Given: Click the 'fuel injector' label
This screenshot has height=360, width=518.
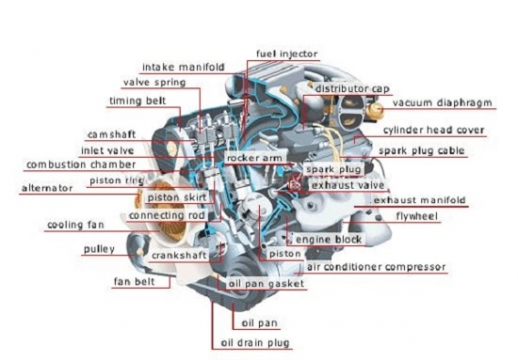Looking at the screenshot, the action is [x=286, y=54].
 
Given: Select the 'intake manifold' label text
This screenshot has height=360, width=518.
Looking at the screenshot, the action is [x=183, y=67].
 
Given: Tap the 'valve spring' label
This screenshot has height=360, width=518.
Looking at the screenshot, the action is [x=154, y=82].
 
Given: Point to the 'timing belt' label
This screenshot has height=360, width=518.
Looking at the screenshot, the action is [x=138, y=101].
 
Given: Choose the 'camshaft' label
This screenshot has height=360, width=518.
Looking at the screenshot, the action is [x=111, y=134].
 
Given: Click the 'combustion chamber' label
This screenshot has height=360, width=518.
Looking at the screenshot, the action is [x=81, y=164].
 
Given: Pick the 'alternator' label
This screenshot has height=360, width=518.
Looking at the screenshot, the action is [x=47, y=189].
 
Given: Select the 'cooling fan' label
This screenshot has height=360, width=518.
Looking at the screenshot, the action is [x=76, y=225].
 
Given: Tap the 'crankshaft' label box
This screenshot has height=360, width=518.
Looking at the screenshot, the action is [x=179, y=255].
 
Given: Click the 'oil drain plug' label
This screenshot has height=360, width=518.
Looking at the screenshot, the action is [x=255, y=343].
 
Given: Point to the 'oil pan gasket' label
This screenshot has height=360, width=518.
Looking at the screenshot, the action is [x=266, y=283].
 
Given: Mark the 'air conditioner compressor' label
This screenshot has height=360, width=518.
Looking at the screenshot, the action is [x=377, y=267].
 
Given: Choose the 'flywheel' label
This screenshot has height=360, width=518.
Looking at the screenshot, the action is [x=417, y=216].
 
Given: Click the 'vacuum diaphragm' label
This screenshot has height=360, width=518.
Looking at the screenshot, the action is [x=442, y=103].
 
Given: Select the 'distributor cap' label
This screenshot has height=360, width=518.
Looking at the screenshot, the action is [x=353, y=88].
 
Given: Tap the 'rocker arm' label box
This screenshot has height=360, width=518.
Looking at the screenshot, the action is [x=254, y=158].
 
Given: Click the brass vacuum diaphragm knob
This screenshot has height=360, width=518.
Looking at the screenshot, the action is [x=378, y=109].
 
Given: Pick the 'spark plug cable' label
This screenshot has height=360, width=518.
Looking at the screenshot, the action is [x=421, y=150].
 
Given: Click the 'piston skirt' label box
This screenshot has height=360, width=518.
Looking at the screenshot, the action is [x=177, y=198].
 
